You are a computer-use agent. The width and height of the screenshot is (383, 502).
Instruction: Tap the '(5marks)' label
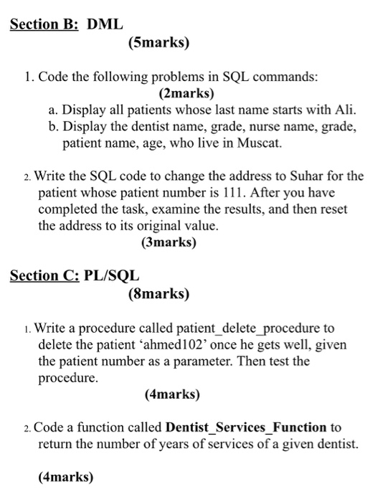[159, 43]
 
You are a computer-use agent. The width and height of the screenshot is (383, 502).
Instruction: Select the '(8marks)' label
[159, 293]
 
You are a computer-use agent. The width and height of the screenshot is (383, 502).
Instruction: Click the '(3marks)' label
[170, 242]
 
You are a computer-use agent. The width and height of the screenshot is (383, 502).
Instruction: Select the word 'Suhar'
[301, 176]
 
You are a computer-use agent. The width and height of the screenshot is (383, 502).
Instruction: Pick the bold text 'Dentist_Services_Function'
[246, 428]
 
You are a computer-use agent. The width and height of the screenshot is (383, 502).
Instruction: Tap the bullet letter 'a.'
[54, 110]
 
